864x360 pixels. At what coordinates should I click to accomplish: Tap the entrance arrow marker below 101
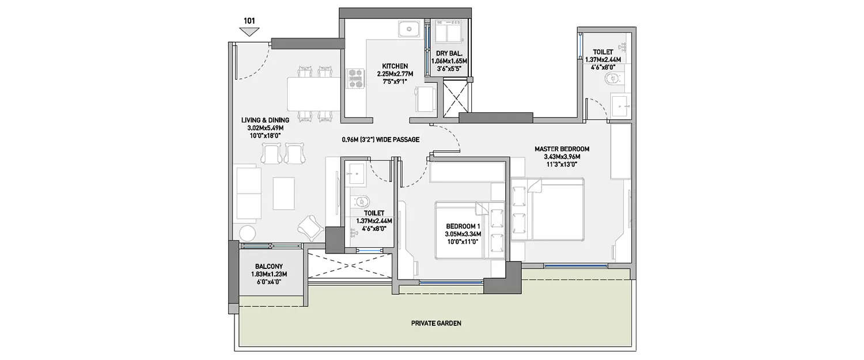tap(249, 31)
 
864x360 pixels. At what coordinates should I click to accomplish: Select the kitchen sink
tap(410, 27)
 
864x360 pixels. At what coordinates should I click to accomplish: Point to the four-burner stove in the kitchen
tap(355, 78)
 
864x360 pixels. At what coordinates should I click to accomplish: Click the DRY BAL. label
tap(447, 53)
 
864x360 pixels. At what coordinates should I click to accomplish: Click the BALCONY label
tap(268, 266)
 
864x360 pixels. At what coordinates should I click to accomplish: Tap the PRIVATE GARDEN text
tap(436, 323)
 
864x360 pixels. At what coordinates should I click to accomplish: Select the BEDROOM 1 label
tap(463, 226)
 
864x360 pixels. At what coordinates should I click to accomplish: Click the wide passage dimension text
tap(380, 139)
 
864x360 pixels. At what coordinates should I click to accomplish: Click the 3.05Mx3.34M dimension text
tap(463, 234)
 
